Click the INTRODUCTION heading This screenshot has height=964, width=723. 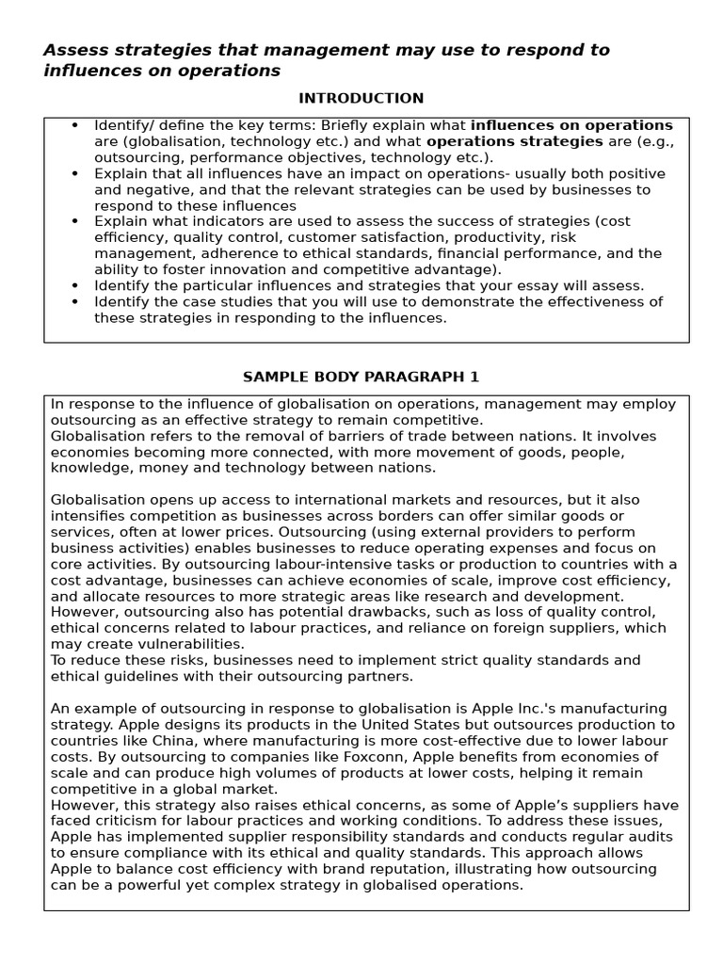[x=361, y=98]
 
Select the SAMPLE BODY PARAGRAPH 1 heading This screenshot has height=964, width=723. [x=361, y=377]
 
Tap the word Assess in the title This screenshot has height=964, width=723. [x=72, y=50]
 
